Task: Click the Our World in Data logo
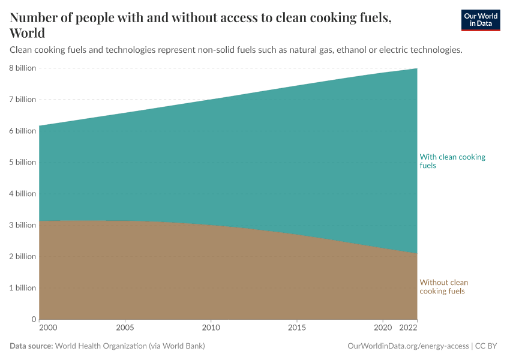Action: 480,20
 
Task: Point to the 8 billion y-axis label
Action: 22,68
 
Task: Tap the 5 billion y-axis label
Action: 22,162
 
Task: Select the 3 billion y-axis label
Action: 22,225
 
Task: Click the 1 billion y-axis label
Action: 22,287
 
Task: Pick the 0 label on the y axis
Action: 33,319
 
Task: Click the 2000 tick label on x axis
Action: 48,328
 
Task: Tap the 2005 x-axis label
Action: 125,328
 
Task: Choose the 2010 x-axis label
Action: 211,328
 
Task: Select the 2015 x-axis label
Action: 297,328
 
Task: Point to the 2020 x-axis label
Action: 383,328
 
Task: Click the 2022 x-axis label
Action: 408,328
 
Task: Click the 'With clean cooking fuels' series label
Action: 452,161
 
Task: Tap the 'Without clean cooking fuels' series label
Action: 443,287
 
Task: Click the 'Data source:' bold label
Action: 31,346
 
